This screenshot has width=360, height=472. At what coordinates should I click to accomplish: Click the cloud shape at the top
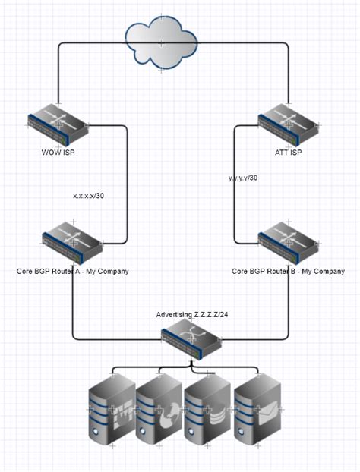coord(160,45)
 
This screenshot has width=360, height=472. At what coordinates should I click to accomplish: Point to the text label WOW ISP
coord(58,152)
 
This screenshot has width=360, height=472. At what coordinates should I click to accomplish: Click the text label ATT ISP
coord(288,152)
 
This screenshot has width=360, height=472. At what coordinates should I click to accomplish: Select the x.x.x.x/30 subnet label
coord(89,196)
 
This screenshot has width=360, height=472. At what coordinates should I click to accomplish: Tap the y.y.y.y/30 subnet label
coord(243,178)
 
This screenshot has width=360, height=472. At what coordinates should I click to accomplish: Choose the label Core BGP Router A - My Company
coord(72,271)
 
